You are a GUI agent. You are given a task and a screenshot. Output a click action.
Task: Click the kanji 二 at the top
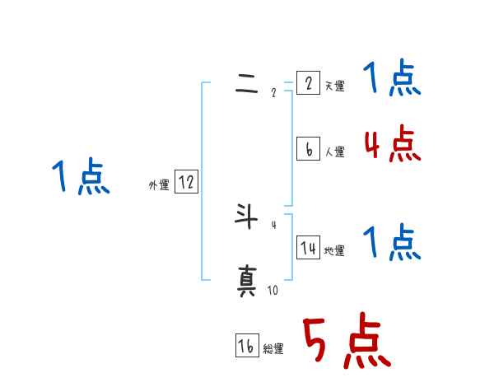(247, 86)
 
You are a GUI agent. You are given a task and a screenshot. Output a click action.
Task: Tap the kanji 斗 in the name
(247, 218)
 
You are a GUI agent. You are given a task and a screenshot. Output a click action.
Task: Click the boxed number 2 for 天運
(308, 83)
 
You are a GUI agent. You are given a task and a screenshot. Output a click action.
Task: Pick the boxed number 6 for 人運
(308, 149)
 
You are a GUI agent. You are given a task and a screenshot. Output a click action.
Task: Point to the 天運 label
(334, 86)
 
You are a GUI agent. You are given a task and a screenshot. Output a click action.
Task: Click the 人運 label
(334, 152)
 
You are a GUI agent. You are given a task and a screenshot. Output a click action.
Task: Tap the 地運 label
(334, 251)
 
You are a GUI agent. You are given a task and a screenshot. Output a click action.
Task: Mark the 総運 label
(273, 349)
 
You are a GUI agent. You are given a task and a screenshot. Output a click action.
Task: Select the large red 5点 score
(347, 341)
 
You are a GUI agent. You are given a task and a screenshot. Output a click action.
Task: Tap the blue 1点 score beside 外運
(81, 178)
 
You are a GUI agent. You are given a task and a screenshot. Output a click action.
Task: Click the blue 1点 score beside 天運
(392, 80)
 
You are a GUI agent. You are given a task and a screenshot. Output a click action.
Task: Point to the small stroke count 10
(273, 290)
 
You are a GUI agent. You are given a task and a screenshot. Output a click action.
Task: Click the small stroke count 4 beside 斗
(273, 224)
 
